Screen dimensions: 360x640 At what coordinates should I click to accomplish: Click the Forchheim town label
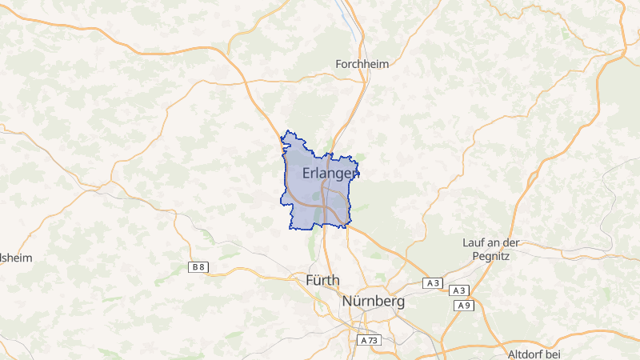click(x=362, y=64)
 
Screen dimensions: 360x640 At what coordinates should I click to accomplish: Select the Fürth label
click(x=322, y=281)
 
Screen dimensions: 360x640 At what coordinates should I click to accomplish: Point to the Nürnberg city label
click(x=373, y=302)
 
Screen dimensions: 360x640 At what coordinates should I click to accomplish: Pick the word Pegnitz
click(x=491, y=255)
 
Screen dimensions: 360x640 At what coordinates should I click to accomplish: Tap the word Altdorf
click(x=526, y=354)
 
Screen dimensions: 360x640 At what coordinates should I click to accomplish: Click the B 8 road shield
click(x=198, y=267)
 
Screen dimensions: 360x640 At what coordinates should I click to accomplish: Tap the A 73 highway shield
click(x=367, y=340)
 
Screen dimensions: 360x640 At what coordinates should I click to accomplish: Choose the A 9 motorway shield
click(x=463, y=306)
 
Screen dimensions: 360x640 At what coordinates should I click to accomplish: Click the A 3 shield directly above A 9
click(x=459, y=290)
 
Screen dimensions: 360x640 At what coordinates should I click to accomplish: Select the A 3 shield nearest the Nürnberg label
click(x=433, y=283)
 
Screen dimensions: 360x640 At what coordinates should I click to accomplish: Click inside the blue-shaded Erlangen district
click(x=304, y=196)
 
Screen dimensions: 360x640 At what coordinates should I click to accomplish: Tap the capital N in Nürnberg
click(x=347, y=302)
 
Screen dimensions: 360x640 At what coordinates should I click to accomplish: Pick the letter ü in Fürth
click(x=318, y=281)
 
